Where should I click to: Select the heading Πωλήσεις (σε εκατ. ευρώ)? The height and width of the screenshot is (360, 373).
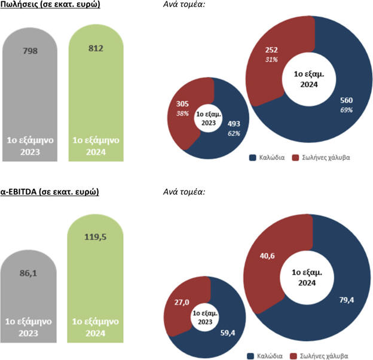pyautogui.click(x=50, y=5)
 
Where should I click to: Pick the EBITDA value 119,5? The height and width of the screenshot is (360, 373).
pyautogui.click(x=96, y=236)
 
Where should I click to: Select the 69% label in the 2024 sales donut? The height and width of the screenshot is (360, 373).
pyautogui.click(x=346, y=110)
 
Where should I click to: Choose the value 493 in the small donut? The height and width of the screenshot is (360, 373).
pyautogui.click(x=234, y=124)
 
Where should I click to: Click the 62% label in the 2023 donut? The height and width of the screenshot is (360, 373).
pyautogui.click(x=234, y=133)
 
